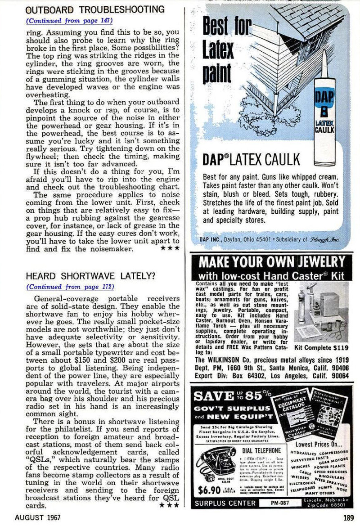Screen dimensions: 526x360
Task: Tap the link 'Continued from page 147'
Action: click(x=69, y=20)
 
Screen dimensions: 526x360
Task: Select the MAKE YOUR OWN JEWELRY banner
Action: click(x=272, y=262)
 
